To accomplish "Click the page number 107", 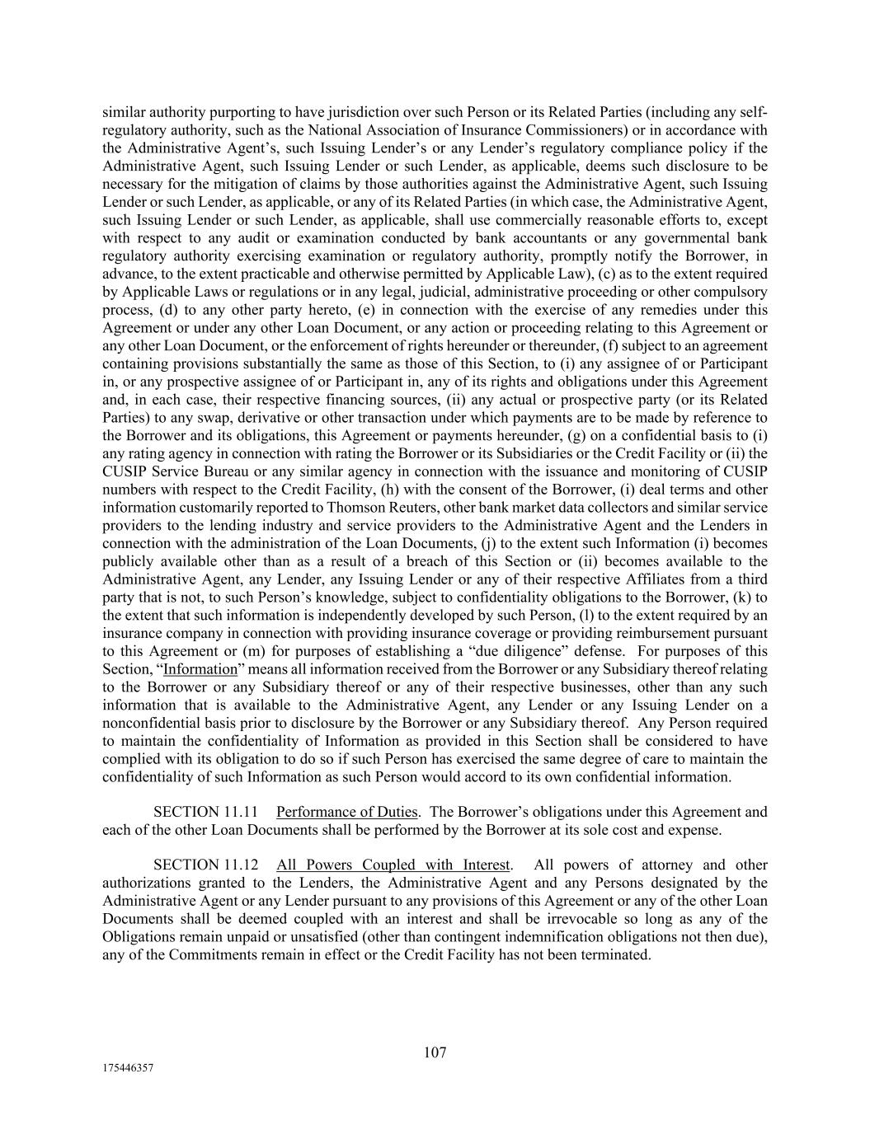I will click(x=435, y=1052).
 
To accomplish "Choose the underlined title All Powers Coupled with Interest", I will click(x=393, y=865).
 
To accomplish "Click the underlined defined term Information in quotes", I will click(x=200, y=669).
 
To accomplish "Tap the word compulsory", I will click(x=733, y=292).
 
